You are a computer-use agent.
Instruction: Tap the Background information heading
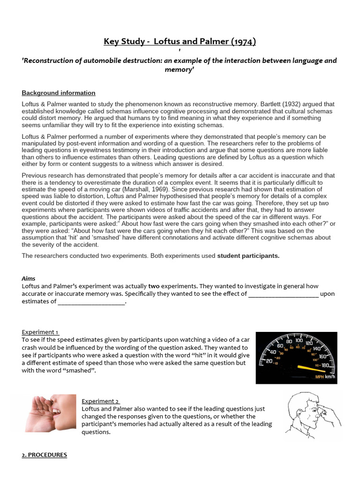pyautogui.click(x=59, y=93)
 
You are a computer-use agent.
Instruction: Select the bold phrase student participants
pyautogui.click(x=248, y=255)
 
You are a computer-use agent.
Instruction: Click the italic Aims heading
pyautogui.click(x=29, y=278)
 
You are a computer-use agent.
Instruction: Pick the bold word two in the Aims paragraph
pyautogui.click(x=154, y=286)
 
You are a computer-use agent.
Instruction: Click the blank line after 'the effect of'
pyautogui.click(x=283, y=294)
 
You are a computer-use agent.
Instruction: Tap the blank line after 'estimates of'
pyautogui.click(x=92, y=302)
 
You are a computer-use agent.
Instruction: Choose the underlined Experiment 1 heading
pyautogui.click(x=40, y=332)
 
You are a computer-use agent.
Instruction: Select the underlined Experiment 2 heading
pyautogui.click(x=100, y=401)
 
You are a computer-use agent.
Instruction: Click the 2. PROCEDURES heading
pyautogui.click(x=45, y=455)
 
